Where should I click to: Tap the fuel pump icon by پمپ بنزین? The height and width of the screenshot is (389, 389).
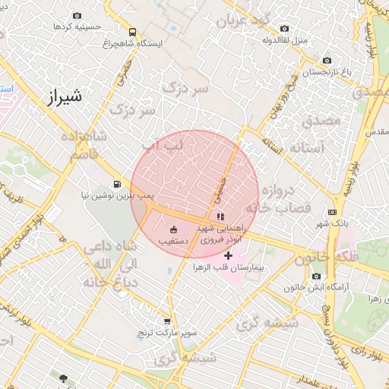[x=116, y=183]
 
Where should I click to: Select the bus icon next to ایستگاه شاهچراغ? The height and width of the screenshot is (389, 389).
[x=133, y=33]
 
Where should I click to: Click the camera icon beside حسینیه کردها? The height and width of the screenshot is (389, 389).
[x=77, y=15]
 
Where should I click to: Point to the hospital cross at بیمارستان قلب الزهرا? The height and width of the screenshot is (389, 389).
[x=227, y=255]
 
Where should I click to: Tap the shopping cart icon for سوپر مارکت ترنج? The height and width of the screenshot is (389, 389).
[x=167, y=321]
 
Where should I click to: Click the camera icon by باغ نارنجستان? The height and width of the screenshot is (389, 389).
[x=327, y=61]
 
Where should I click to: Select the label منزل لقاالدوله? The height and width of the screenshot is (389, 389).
[x=283, y=40]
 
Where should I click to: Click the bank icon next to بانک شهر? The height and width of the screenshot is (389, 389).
[x=332, y=212]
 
